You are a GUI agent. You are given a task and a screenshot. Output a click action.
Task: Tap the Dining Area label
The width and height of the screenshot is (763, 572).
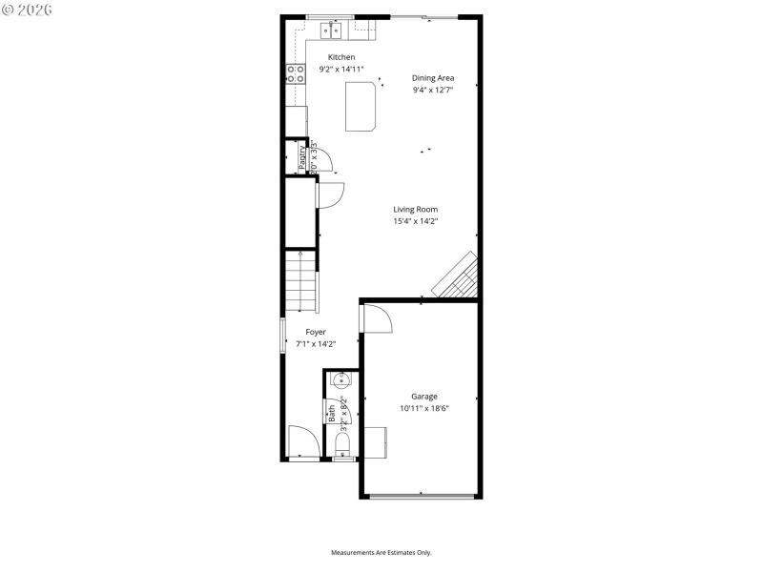click(x=432, y=78)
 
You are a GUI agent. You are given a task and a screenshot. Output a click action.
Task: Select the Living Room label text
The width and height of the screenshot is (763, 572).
click(x=416, y=209)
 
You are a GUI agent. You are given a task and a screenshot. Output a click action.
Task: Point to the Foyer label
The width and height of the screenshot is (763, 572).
click(x=316, y=332)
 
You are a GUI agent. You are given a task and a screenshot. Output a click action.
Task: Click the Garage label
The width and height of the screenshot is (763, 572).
click(x=424, y=396)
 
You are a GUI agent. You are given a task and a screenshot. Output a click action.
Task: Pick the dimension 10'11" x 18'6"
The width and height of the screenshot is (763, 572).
click(x=424, y=408)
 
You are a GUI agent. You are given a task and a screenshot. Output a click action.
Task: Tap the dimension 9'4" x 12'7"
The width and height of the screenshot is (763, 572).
click(x=432, y=90)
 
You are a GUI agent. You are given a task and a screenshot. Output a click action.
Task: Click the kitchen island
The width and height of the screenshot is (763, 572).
click(x=361, y=104)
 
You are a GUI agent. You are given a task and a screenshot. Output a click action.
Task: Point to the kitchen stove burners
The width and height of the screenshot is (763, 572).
click(x=294, y=73)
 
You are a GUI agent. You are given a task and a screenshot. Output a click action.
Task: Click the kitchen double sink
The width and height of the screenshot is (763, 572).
click(x=333, y=31)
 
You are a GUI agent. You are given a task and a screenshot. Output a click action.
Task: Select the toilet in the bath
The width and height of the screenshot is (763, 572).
click(x=343, y=445)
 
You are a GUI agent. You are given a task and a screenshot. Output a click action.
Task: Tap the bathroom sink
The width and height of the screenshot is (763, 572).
click(x=341, y=380)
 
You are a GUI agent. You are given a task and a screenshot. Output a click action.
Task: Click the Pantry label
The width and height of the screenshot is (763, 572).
click(x=302, y=155)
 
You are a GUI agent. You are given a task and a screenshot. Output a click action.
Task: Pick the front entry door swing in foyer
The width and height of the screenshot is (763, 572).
click(x=304, y=441)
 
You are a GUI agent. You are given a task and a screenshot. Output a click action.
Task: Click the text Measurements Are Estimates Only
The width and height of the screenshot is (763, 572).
click(x=381, y=552)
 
